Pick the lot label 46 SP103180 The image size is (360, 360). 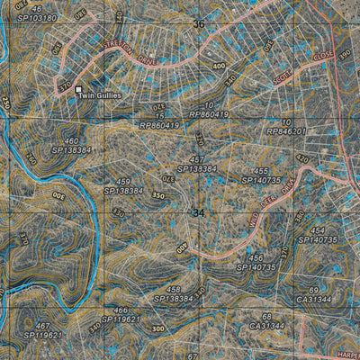(x=36, y=13)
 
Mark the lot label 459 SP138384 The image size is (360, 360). (x=124, y=186)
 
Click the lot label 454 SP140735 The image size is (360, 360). (x=317, y=235)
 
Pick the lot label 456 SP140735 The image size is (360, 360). (x=256, y=262)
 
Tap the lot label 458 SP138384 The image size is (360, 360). (x=174, y=292)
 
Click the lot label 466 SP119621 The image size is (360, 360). (x=120, y=314)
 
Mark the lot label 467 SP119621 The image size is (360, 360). (x=42, y=329)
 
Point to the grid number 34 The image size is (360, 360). (x=198, y=212)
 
